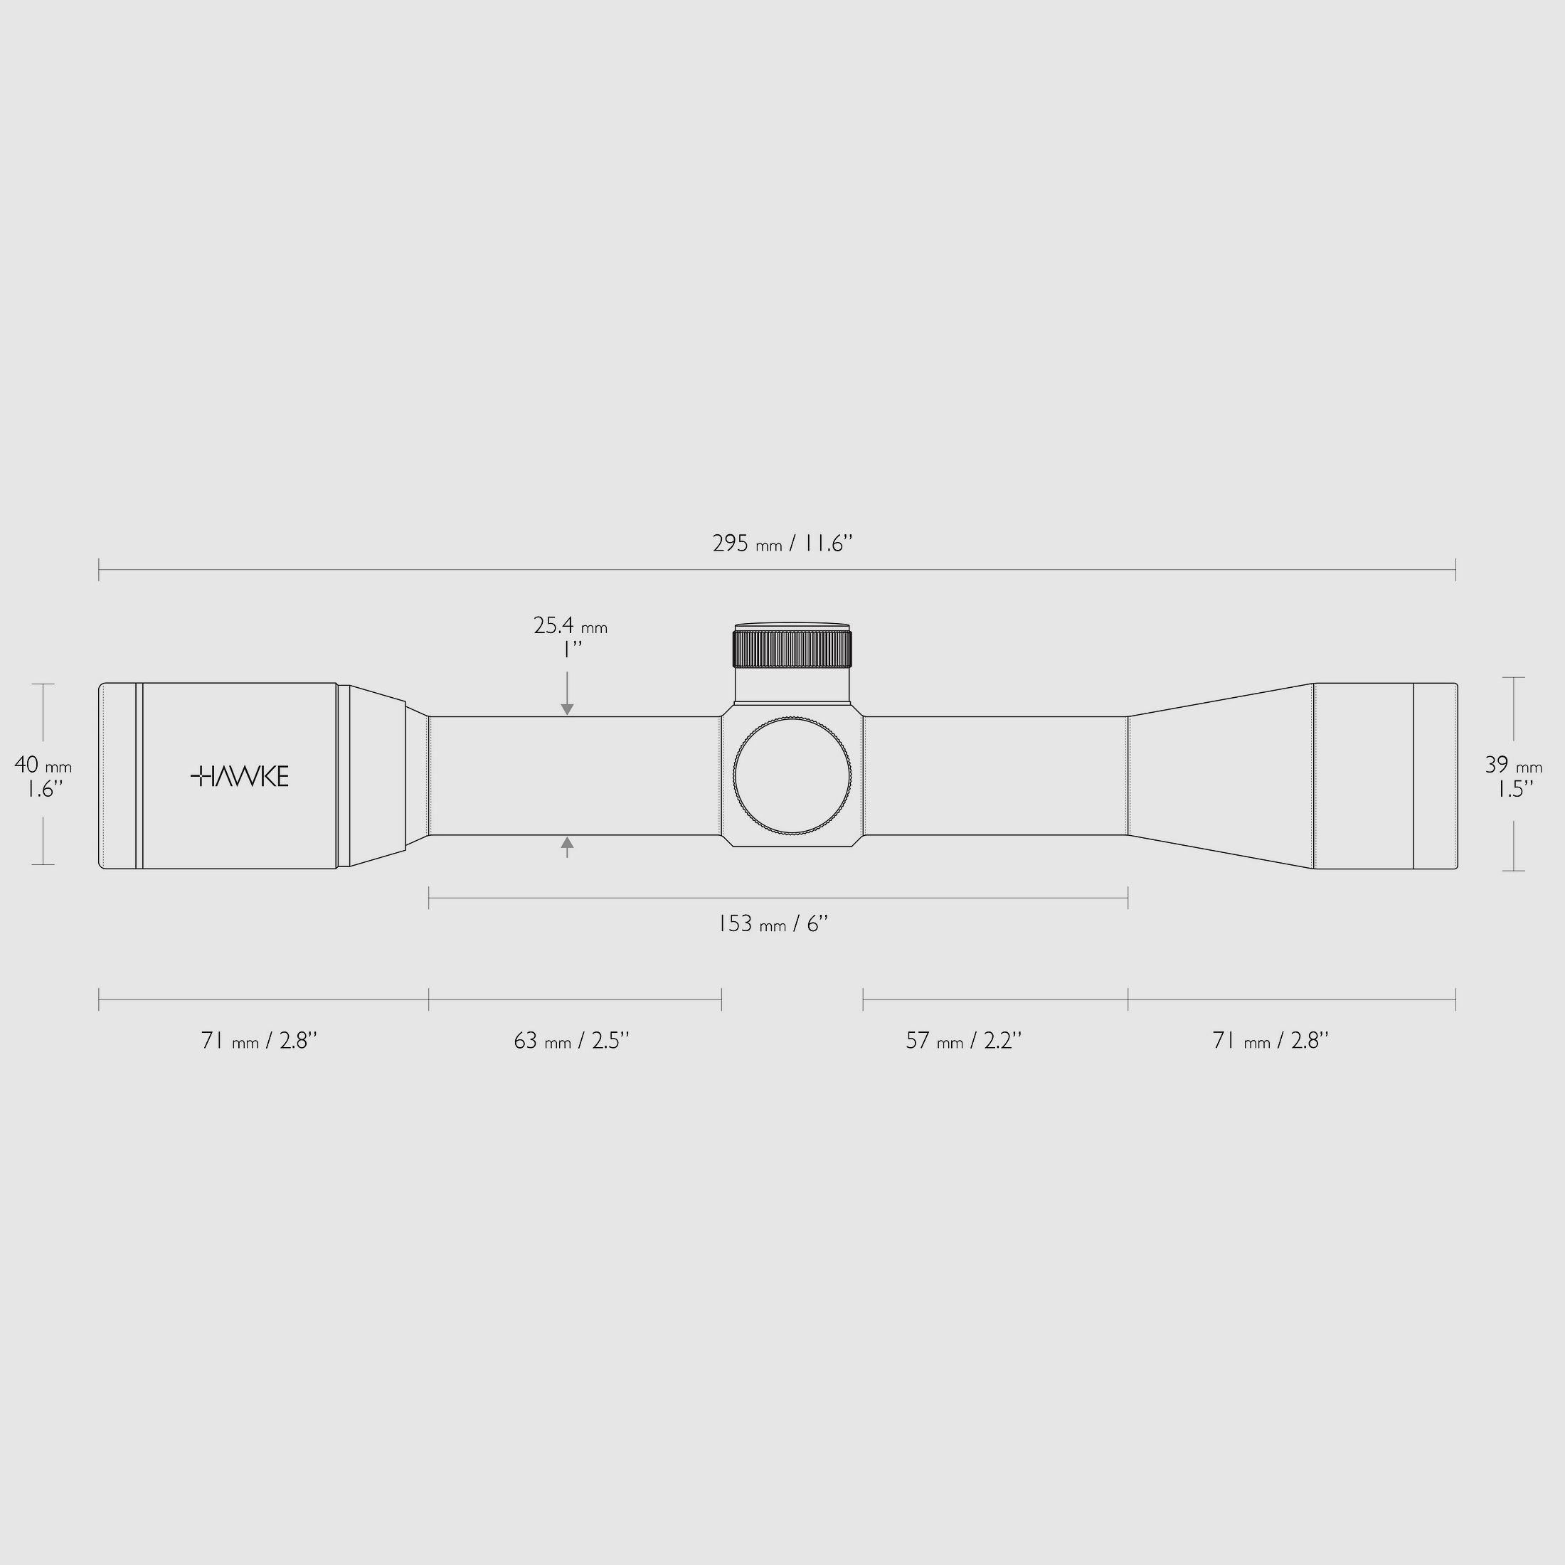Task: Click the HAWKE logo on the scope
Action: point(239,776)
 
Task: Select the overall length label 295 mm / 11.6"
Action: point(782,543)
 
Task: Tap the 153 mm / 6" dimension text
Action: point(773,923)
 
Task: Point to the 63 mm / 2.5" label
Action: point(571,1040)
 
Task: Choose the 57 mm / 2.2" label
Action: point(963,1040)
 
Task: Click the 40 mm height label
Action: point(43,765)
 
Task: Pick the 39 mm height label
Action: point(1513,765)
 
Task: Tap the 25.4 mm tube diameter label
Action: point(571,625)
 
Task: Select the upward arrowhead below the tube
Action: point(567,842)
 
